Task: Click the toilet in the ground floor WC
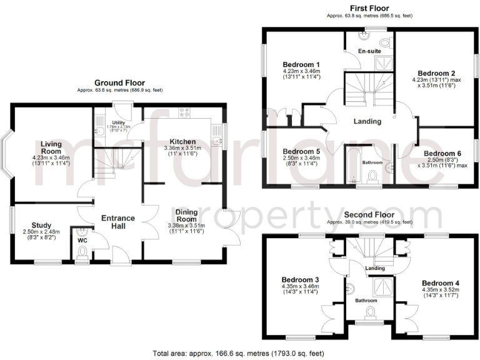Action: click(82, 252)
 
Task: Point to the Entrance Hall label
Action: click(114, 221)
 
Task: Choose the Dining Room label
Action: click(186, 215)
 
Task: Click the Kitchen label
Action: click(180, 142)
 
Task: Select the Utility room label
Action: click(119, 123)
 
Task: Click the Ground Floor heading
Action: click(119, 82)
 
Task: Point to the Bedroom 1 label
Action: click(301, 65)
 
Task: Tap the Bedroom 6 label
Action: click(442, 153)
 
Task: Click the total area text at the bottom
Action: click(240, 352)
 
